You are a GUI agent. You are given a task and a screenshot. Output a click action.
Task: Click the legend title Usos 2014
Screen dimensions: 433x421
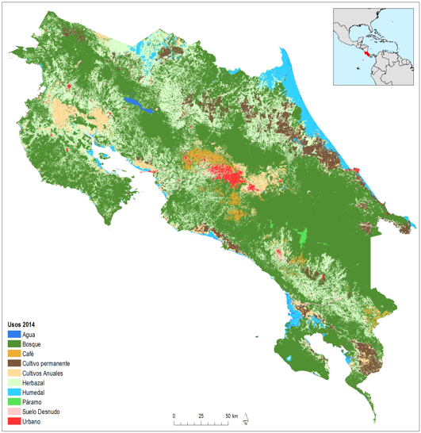22,325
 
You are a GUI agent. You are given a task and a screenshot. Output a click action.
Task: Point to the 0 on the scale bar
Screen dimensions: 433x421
174,416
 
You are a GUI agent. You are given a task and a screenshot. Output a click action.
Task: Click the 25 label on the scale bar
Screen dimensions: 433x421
201,416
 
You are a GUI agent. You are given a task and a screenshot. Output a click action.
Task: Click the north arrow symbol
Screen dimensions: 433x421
247,418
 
